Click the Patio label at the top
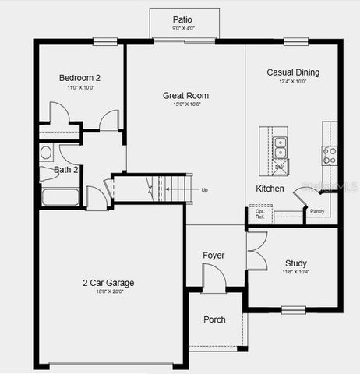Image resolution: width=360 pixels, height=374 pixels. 184,19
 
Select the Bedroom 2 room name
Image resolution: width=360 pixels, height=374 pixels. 79,78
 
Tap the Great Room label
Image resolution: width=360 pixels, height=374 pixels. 185,96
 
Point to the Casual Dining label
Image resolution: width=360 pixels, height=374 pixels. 293,72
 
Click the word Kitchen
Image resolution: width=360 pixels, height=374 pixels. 270,189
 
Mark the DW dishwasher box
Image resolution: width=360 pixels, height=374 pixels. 280,167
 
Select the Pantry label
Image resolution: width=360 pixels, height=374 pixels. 317,211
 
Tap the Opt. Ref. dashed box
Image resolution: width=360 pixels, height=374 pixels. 259,214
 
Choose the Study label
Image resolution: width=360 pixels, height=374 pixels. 295,263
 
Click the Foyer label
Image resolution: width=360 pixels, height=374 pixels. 214,256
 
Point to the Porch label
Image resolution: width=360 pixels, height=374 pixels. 214,319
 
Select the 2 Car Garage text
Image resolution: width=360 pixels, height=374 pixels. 108,282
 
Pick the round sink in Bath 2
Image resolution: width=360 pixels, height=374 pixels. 46,153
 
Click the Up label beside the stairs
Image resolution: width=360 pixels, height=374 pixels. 205,189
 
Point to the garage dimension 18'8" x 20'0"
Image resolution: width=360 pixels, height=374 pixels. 108,292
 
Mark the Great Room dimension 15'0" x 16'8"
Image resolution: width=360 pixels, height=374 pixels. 185,105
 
